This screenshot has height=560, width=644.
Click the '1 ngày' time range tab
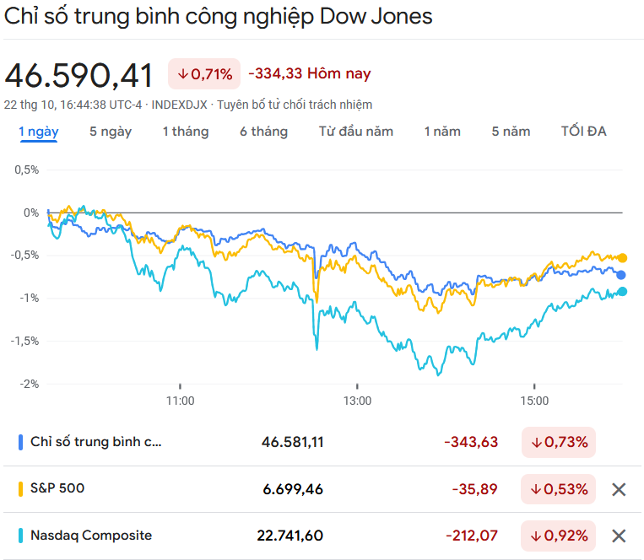(39, 132)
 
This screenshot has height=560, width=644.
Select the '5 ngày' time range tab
(111, 132)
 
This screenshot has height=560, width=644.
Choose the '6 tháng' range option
(263, 132)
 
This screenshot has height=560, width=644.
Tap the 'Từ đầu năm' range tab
(356, 132)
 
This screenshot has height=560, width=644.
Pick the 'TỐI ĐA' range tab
(584, 132)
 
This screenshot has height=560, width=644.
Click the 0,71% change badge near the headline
(204, 74)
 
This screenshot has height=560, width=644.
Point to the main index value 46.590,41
(79, 75)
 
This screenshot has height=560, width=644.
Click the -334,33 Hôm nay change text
(310, 74)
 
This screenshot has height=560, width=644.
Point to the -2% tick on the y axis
(28, 384)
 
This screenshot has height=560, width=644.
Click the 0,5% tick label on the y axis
(26, 170)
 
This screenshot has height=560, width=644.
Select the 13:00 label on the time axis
(357, 401)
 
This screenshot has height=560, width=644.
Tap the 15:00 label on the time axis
(534, 401)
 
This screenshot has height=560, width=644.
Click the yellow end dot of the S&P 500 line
(623, 258)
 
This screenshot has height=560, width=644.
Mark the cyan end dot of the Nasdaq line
(623, 292)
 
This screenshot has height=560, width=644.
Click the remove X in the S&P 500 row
(619, 489)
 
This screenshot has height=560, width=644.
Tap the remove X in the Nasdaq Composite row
(619, 536)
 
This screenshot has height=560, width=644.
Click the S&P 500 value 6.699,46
(292, 489)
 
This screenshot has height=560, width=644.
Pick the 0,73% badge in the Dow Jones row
(558, 442)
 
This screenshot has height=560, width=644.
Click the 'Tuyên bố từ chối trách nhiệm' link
(295, 105)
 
